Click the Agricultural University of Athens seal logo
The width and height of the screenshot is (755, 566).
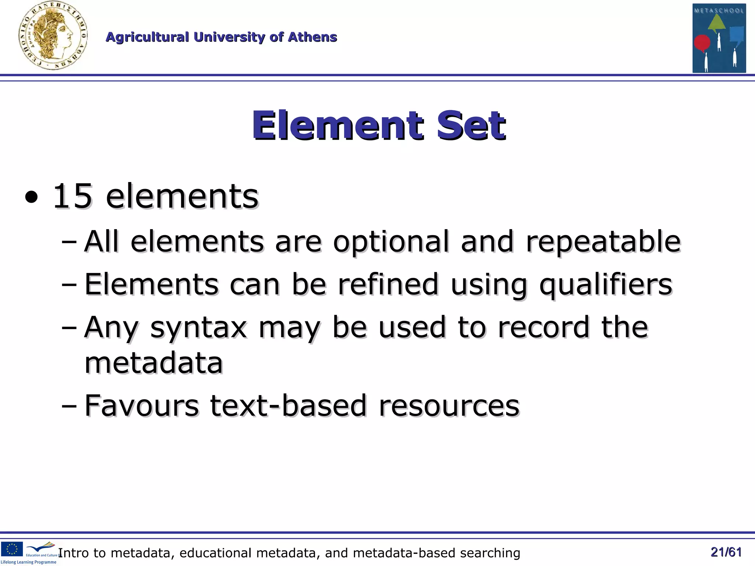pos(53,36)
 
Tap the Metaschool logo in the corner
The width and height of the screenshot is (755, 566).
pos(719,38)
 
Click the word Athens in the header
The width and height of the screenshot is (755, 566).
pos(312,37)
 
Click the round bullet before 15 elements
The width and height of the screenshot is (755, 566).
pos(31,198)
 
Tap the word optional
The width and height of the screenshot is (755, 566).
pos(391,242)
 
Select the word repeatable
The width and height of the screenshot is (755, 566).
pos(603,242)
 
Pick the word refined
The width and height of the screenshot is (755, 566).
pos(388,284)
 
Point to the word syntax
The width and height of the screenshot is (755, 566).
pos(198,328)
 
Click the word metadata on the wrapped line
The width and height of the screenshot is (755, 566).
pos(154,363)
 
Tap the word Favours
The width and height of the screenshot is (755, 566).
pos(142,406)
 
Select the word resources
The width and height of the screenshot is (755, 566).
pos(449,406)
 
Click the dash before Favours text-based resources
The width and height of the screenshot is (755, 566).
pos(69,406)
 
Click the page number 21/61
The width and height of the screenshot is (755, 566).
pos(726,552)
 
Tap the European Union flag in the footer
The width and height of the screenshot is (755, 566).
pos(12,549)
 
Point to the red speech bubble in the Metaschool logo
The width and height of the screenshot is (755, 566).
pos(702,43)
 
